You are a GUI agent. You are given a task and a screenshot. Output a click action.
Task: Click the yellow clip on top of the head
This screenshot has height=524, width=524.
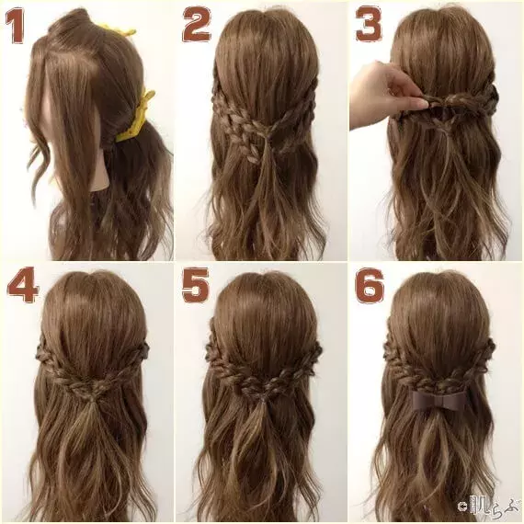(x=117, y=29)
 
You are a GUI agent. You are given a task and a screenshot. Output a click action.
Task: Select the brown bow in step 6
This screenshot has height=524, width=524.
(x=439, y=401)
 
